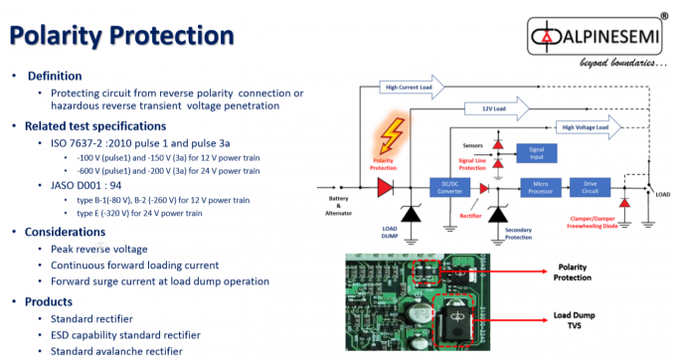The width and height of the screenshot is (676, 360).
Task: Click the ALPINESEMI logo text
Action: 602,41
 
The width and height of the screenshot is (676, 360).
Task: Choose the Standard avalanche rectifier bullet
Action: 115,351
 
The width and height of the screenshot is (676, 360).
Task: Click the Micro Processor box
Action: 540,187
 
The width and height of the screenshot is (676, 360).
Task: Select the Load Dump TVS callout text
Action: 571,319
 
